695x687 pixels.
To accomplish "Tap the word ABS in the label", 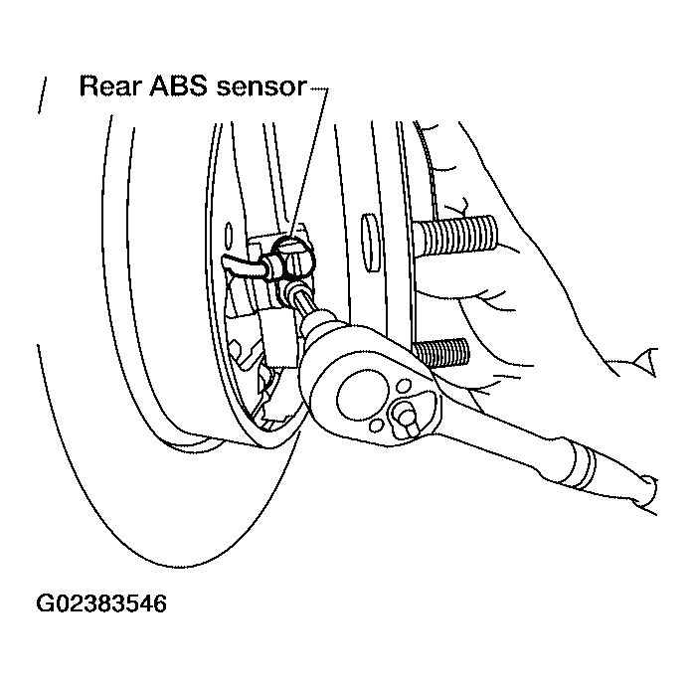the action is point(178,86).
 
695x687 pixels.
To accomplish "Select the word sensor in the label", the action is point(261,87).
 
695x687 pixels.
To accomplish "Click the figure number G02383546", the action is point(101,603).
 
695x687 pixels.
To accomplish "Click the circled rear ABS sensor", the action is point(293,258).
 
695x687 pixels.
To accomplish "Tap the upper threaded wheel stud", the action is point(453,235).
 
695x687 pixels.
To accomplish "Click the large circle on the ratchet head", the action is point(363,397).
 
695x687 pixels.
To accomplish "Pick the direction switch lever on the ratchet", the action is point(407,420).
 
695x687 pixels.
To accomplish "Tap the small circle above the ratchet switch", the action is point(404,385).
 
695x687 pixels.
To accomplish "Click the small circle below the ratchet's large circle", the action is point(376,426).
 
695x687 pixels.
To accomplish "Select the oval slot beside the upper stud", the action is point(371,243).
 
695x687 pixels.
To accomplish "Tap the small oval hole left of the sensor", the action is point(229,237).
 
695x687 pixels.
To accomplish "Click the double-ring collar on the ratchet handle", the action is point(580,465).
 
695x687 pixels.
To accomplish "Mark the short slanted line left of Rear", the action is point(42,95).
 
